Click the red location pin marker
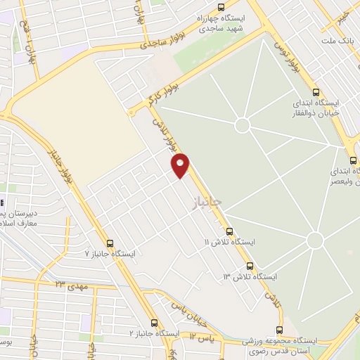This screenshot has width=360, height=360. [x=181, y=165]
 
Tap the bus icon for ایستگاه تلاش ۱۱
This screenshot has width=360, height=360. [x=229, y=231]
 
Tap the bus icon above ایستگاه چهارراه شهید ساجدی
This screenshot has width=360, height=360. [x=221, y=8]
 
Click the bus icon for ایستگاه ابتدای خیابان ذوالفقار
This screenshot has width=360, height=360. [x=315, y=91]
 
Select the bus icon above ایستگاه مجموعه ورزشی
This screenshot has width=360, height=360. [x=279, y=330]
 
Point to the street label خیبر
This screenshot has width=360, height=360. [x=342, y=15]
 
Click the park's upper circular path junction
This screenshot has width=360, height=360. [x=243, y=125]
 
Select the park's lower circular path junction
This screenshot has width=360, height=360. [x=315, y=240]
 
